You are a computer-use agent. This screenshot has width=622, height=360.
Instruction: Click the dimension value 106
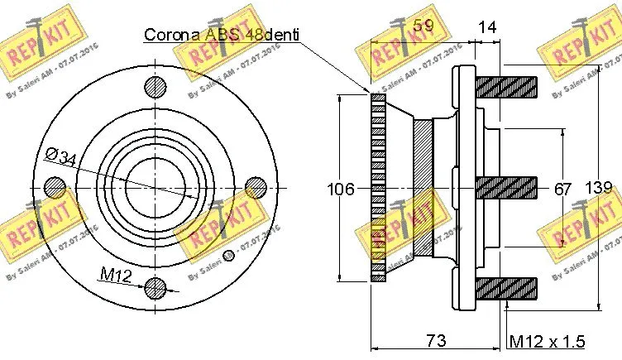tap(341, 190)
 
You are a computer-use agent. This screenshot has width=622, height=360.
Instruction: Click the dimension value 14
tap(488, 26)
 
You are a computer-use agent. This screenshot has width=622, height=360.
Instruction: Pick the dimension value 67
tap(562, 190)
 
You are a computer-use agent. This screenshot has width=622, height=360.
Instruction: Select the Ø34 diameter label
tap(62, 156)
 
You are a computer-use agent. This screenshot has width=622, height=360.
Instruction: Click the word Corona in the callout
tap(170, 35)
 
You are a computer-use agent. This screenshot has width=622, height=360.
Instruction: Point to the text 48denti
tap(270, 35)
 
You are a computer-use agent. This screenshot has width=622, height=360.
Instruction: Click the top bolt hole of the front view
tap(155, 85)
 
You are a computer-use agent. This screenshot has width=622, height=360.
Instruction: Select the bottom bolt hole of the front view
tap(155, 288)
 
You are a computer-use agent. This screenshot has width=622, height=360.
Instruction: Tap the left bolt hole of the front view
tap(55, 187)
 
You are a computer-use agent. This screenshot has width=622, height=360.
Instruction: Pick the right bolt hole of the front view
tap(256, 187)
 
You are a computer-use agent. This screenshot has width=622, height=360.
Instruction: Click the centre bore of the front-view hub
tap(155, 187)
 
